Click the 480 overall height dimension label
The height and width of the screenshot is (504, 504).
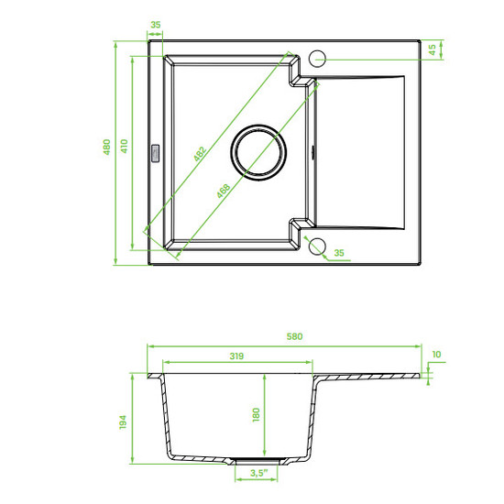pyautogui.click(x=106, y=147)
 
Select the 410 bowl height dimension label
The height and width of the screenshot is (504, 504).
pyautogui.click(x=124, y=146)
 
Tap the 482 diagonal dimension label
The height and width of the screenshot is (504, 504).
pyautogui.click(x=200, y=154)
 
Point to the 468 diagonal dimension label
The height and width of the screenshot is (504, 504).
pyautogui.click(x=223, y=191)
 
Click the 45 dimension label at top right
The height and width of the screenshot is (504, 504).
pyautogui.click(x=433, y=49)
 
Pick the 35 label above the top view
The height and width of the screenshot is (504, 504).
pyautogui.click(x=156, y=25)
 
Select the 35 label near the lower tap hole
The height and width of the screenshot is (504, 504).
pyautogui.click(x=339, y=253)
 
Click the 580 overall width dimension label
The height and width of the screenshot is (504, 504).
pyautogui.click(x=294, y=336)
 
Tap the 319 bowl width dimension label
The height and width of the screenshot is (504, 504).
pyautogui.click(x=236, y=356)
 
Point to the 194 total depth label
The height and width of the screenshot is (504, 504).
pyautogui.click(x=123, y=422)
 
